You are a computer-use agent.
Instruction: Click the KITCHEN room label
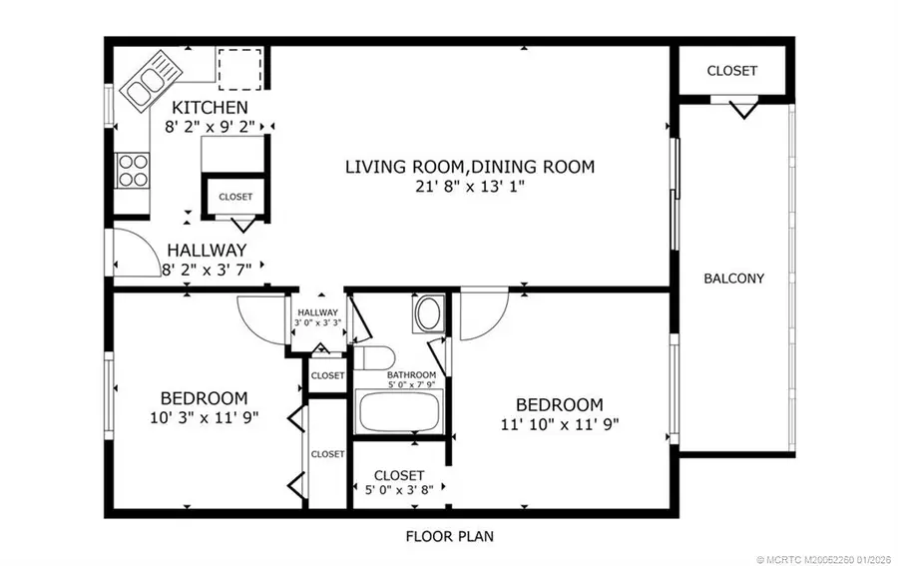tap(209, 108)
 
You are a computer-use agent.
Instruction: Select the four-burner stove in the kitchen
tap(132, 170)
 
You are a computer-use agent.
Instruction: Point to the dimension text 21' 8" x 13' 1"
tap(469, 187)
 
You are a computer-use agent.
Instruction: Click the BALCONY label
tap(733, 279)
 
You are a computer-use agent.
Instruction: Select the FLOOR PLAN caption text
tap(448, 536)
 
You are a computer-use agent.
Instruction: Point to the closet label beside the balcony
tap(731, 71)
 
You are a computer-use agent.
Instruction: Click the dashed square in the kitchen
tap(239, 66)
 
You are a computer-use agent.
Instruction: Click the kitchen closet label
tap(235, 197)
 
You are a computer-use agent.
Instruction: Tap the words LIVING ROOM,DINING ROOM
tap(469, 167)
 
